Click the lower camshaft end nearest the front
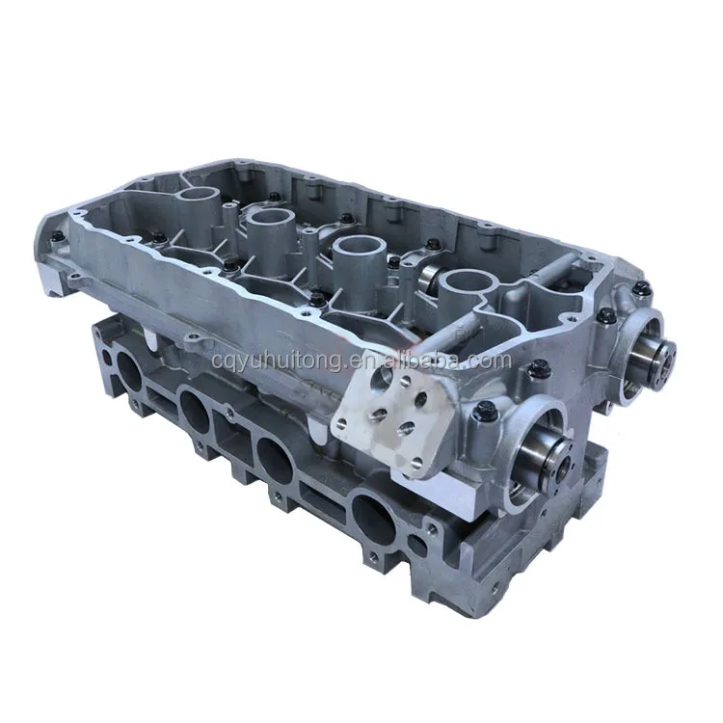546,450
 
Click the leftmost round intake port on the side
128,371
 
